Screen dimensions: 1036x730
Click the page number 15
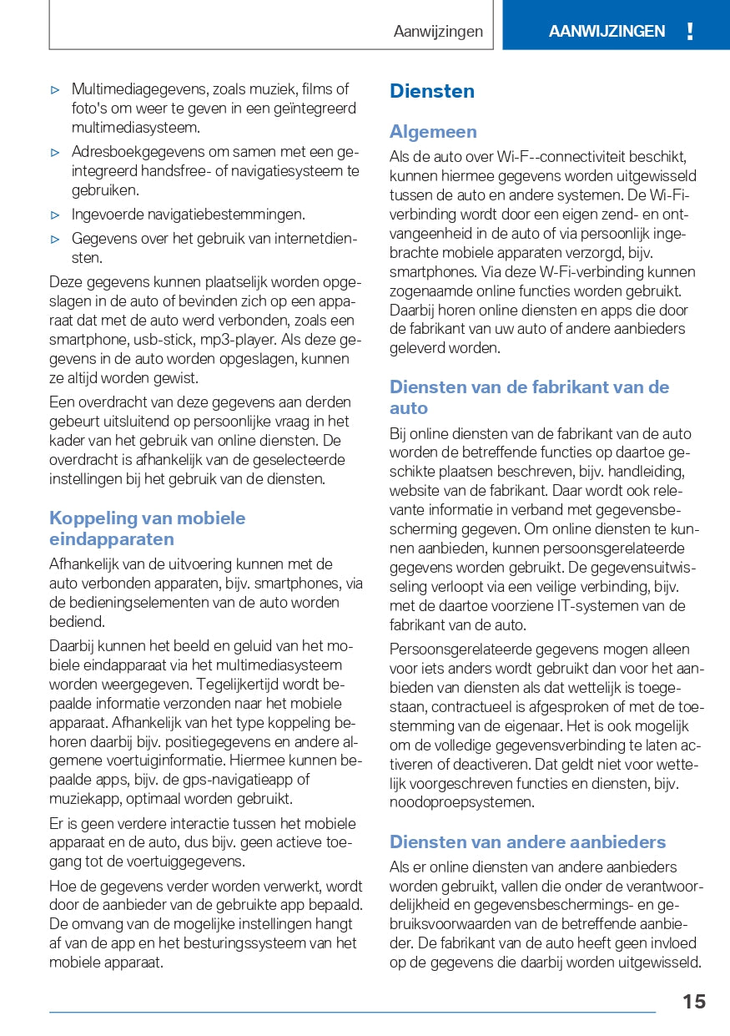(693, 1002)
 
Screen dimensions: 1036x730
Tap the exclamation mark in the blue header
(690, 32)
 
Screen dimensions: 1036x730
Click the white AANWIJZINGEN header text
(607, 32)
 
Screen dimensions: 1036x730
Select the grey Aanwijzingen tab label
(438, 32)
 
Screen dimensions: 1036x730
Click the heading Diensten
(432, 91)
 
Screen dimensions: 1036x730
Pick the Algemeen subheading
(433, 131)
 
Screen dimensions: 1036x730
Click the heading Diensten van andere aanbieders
(527, 841)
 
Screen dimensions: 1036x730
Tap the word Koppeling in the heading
(88, 518)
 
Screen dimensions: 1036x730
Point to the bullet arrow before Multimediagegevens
(55, 89)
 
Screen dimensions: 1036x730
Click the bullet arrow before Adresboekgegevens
(55, 153)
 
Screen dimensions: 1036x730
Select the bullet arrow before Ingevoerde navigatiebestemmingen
(55, 215)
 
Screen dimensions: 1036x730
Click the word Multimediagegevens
(139, 89)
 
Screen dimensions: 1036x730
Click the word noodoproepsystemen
(461, 802)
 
